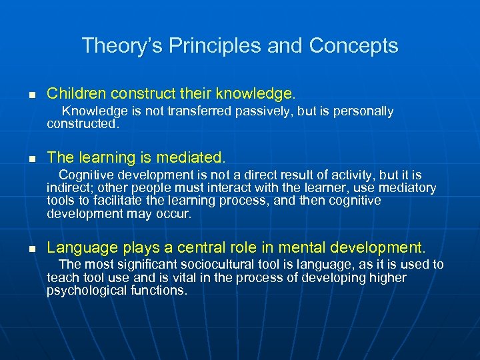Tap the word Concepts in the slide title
(354, 46)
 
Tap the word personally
(361, 111)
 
